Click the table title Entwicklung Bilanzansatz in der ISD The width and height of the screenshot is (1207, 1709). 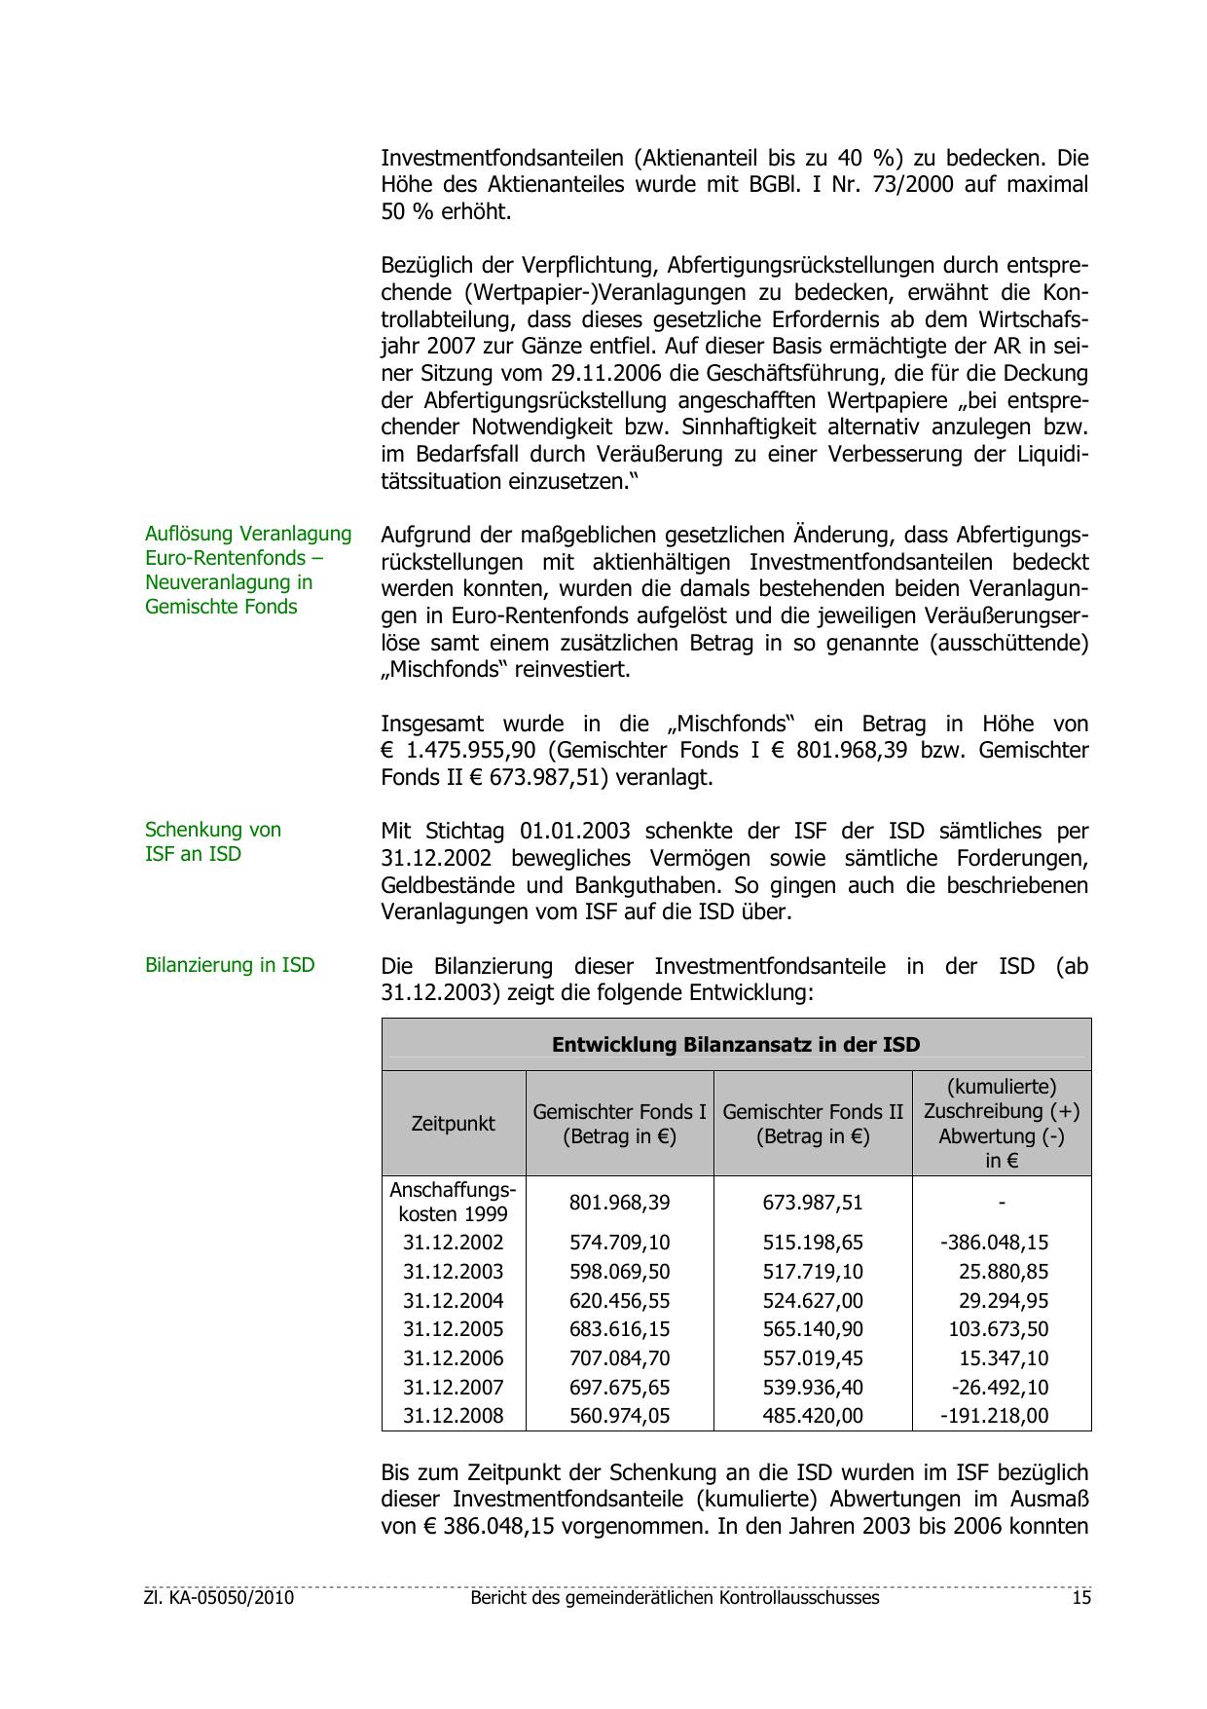[736, 1045]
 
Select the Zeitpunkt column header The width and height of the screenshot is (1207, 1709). [453, 1124]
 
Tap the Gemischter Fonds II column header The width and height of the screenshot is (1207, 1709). [813, 1124]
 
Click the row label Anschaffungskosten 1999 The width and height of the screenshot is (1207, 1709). [453, 1203]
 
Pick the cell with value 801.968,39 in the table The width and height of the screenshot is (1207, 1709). [619, 1203]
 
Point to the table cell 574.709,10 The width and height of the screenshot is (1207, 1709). [619, 1244]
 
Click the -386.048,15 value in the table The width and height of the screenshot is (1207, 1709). [994, 1244]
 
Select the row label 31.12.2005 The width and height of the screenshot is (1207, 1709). [453, 1330]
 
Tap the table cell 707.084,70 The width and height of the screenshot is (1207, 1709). [619, 1358]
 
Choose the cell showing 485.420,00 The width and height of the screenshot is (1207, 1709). [813, 1416]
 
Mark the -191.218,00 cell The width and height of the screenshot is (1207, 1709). [994, 1416]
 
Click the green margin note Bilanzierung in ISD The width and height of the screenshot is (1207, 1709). [230, 965]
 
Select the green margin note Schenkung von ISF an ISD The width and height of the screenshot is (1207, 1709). [212, 842]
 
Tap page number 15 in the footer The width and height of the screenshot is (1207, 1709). [1080, 1598]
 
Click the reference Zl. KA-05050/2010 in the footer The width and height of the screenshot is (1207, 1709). [219, 1598]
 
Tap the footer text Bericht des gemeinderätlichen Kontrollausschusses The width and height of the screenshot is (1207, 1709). [674, 1598]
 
